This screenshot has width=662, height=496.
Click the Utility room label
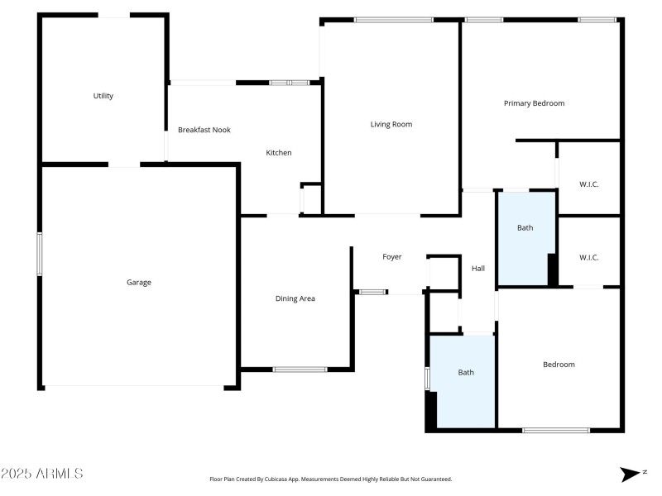[x=103, y=96]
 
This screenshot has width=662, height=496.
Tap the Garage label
[x=138, y=283]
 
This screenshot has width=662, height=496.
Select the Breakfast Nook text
[x=204, y=130]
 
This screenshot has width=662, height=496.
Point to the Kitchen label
[x=278, y=153]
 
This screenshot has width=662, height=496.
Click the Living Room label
[x=391, y=125]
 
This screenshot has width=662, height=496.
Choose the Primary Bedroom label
[x=534, y=103]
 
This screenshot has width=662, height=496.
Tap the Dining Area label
[x=295, y=298]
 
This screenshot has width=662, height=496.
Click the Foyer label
[x=391, y=257]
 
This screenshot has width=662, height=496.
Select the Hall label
[x=477, y=269]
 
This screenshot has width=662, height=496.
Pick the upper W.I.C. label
[x=588, y=184]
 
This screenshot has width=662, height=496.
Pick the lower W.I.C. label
[x=588, y=258]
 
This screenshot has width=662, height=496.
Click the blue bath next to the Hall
[x=525, y=238]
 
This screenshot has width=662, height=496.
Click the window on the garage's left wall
[x=39, y=254]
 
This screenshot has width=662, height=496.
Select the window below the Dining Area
[x=300, y=369]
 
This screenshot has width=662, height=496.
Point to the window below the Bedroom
[x=555, y=430]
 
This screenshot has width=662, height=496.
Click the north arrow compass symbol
[x=631, y=474]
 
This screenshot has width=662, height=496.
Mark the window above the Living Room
[x=393, y=20]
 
